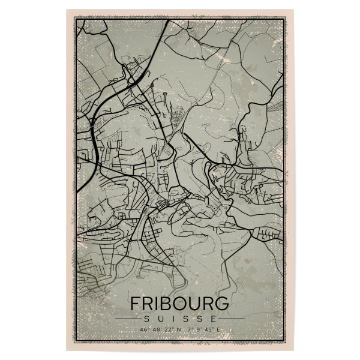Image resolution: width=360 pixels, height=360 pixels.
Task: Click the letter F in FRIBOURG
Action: [x=136, y=302]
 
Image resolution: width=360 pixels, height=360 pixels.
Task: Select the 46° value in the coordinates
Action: [x=143, y=329]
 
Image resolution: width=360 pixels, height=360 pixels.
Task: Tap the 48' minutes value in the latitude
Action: [x=155, y=329]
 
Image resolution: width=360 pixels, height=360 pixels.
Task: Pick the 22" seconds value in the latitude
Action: [x=167, y=329]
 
